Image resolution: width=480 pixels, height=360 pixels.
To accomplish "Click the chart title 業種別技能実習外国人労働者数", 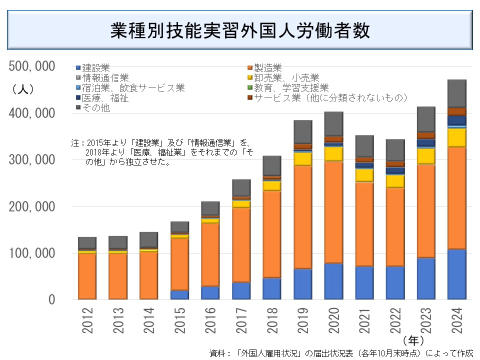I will tap(240, 31).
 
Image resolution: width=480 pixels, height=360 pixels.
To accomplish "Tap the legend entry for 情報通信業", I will tap(105, 77).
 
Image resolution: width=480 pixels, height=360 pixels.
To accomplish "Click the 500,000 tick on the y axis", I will tap(32, 66).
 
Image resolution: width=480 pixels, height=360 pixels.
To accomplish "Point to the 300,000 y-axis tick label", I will tap(32, 160).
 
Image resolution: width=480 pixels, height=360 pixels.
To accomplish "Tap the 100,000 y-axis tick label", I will tap(32, 253).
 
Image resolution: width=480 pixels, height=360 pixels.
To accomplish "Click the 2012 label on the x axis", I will tap(87, 320).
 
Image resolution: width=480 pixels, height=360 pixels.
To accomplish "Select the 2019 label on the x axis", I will tap(302, 320).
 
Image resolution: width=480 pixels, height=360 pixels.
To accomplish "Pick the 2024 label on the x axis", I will tap(457, 320).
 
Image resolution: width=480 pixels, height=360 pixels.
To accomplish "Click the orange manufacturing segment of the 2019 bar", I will tap(302, 217).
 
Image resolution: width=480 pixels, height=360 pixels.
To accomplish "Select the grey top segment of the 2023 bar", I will tap(426, 119).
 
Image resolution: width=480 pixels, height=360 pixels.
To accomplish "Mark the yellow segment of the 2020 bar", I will tap(333, 153).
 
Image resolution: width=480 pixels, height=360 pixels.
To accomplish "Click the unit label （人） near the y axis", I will tap(23, 89).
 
